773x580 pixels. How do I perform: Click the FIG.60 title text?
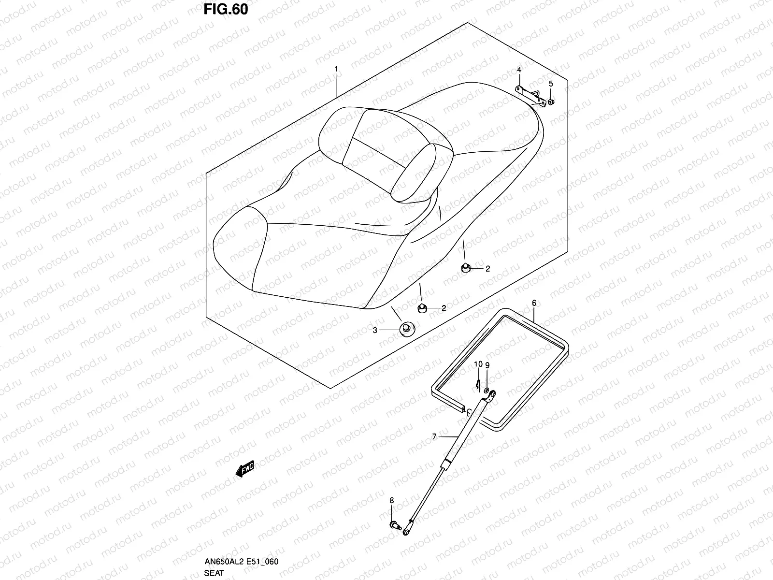[x=226, y=10]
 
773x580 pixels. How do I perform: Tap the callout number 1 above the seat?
[x=336, y=69]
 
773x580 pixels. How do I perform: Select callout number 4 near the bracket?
[x=519, y=70]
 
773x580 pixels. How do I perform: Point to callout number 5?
[x=551, y=84]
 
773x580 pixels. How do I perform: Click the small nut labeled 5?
[x=551, y=102]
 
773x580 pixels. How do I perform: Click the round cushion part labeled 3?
[x=407, y=329]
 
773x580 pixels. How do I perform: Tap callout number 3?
[x=375, y=330]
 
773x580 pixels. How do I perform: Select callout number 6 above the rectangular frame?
[x=534, y=303]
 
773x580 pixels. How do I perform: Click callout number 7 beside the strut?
[x=434, y=436]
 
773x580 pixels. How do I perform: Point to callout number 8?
[x=392, y=500]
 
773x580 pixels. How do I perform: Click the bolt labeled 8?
[x=396, y=526]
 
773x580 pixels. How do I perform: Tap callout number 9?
[x=487, y=365]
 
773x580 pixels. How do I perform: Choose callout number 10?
[x=478, y=364]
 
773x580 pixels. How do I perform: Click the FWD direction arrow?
[x=245, y=469]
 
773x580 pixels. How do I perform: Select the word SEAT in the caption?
[x=214, y=573]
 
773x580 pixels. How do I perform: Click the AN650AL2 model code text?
[x=224, y=561]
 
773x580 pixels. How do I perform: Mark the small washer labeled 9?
[x=487, y=390]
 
